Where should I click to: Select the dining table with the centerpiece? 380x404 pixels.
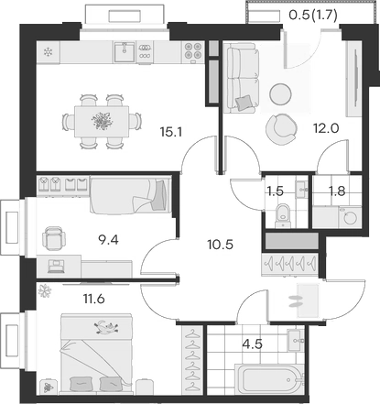tap(102, 120)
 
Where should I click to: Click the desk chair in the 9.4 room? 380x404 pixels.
tap(54, 238)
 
